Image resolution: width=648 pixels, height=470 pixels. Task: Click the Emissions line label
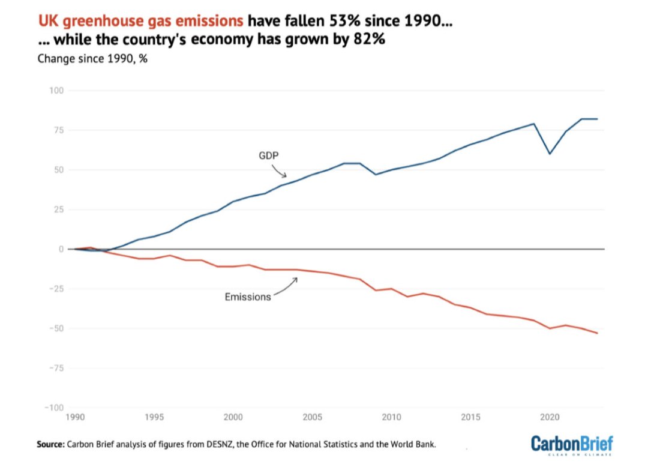point(247,297)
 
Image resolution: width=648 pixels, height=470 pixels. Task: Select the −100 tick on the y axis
point(54,408)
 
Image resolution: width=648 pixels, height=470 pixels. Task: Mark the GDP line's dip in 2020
point(550,154)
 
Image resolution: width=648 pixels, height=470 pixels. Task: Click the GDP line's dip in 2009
point(376,174)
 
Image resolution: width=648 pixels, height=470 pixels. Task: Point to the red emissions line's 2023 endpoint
point(597,333)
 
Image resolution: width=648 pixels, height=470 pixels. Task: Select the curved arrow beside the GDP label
point(281,172)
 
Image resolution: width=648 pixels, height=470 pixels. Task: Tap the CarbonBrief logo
point(572,445)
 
